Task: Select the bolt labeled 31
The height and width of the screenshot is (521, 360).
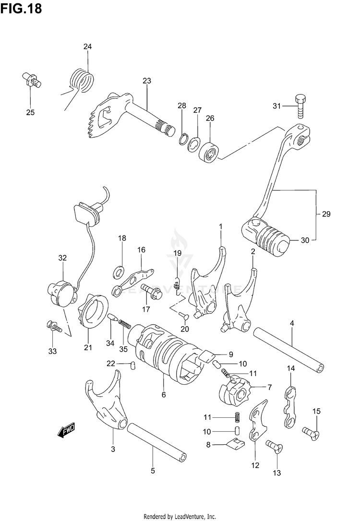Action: click(300, 107)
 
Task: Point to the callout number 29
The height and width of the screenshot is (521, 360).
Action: click(326, 213)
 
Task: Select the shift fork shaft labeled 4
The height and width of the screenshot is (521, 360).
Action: click(288, 350)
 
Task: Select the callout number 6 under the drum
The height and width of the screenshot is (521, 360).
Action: click(164, 395)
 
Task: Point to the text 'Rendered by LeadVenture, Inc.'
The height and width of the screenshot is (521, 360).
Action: click(180, 516)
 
